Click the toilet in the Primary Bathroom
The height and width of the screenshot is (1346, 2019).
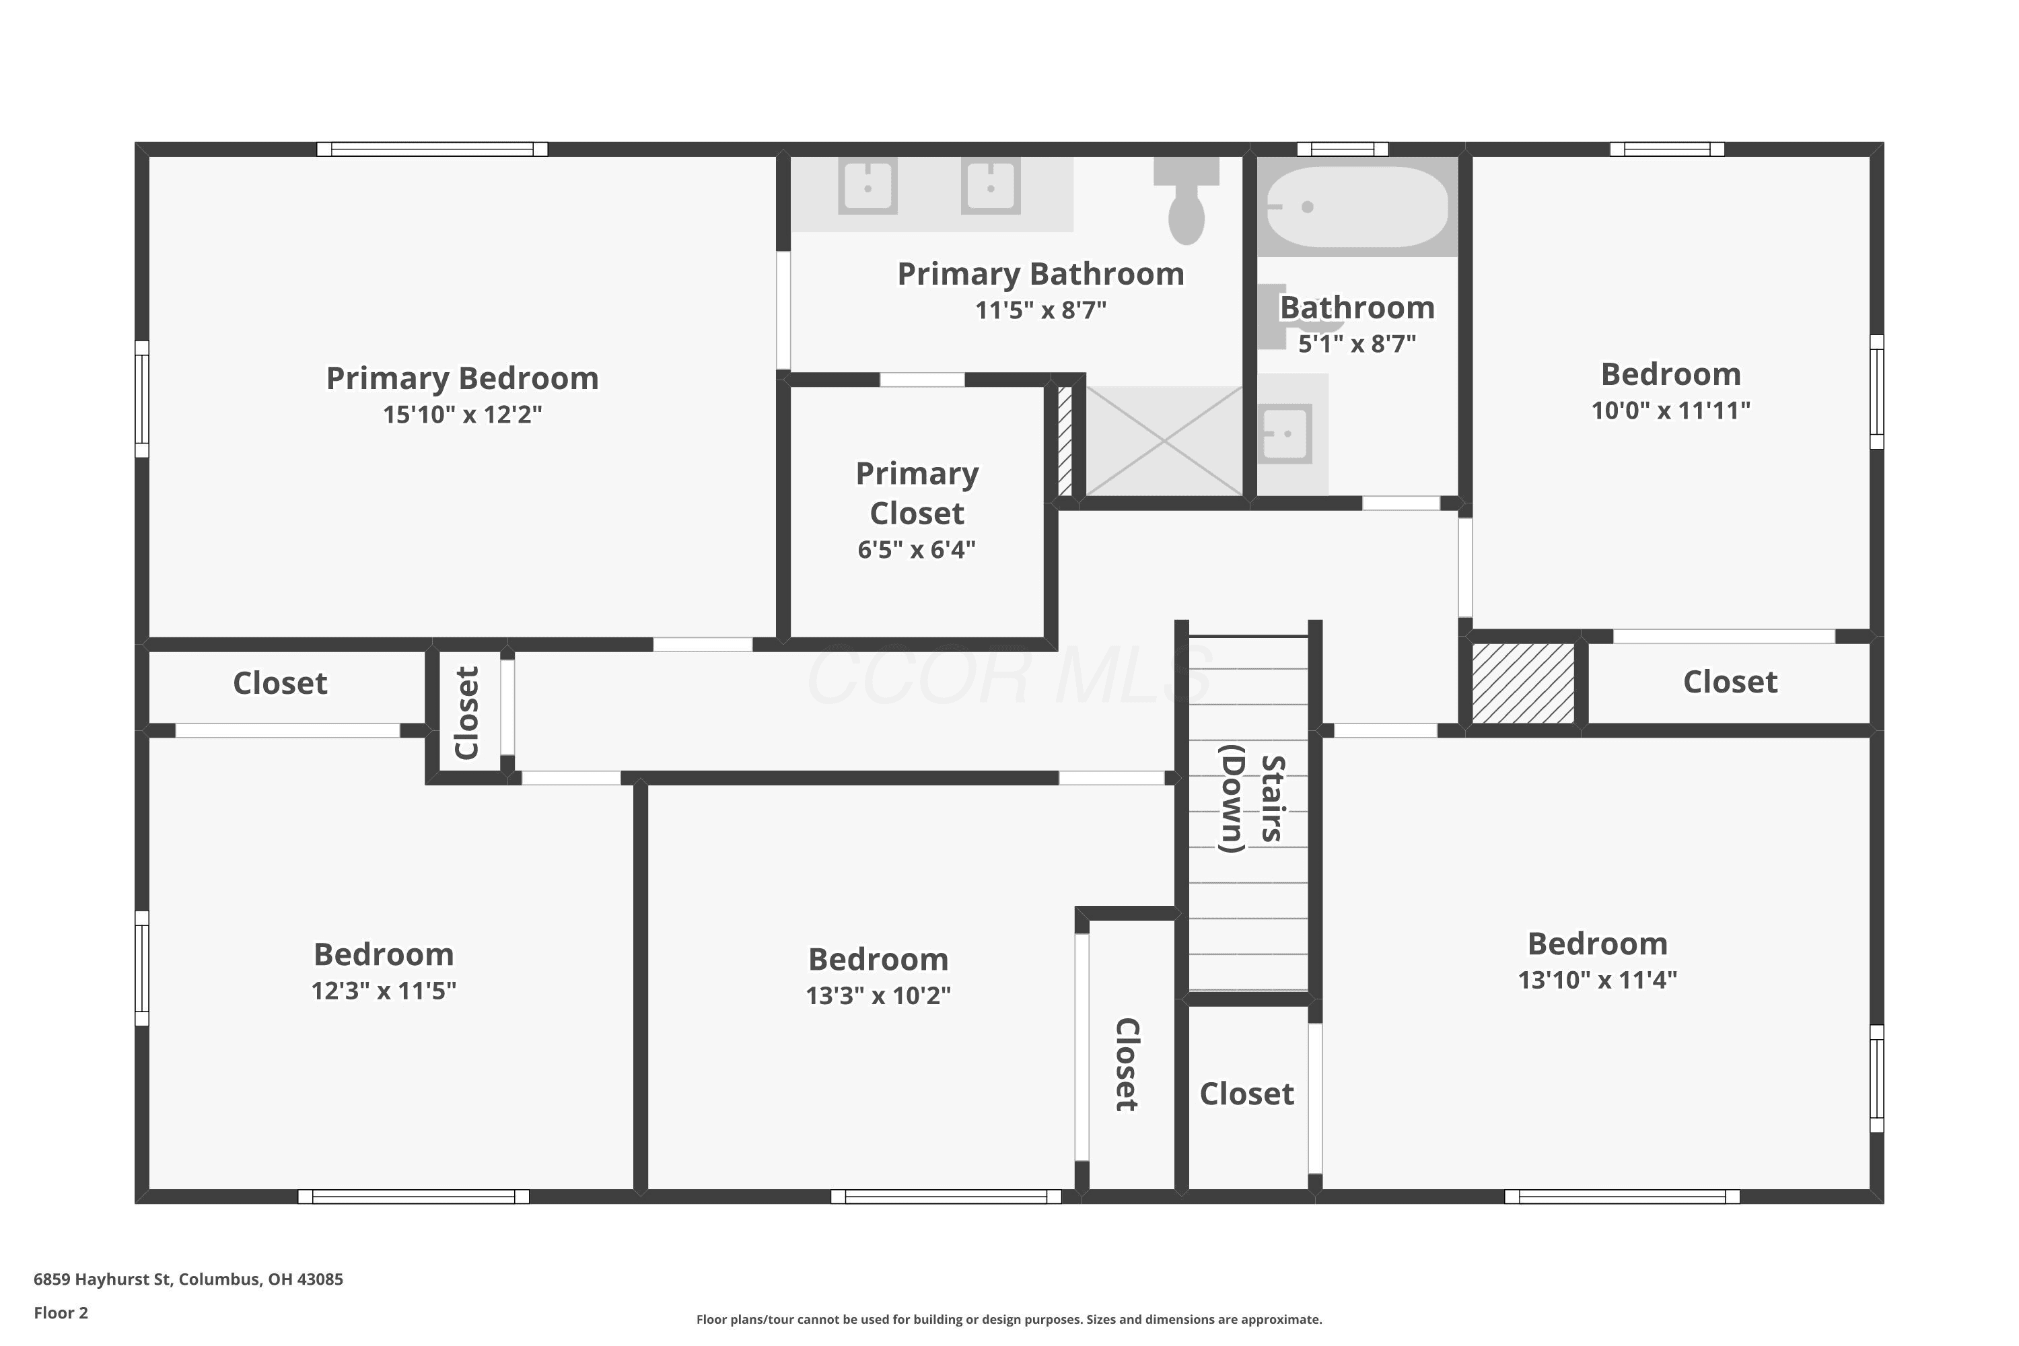pos(1186,201)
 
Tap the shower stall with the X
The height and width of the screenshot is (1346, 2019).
pos(1164,440)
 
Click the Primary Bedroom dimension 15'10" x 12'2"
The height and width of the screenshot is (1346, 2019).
pos(463,415)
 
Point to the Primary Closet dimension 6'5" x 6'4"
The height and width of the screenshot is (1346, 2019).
pos(917,549)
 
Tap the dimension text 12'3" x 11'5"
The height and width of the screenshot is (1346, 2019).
pos(384,991)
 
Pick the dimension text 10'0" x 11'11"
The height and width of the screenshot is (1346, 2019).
pos(1670,411)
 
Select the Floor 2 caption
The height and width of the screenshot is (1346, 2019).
pos(61,1312)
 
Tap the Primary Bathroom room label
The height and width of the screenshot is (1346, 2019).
pos(1040,274)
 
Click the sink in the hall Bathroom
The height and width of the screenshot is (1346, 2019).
pos(1286,433)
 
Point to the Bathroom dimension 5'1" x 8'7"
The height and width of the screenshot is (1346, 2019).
pos(1357,344)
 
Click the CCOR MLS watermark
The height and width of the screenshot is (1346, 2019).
pos(1010,676)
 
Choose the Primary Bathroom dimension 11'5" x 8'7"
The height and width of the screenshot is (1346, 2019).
pos(1040,310)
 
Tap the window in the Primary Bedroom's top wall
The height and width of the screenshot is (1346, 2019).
pos(433,149)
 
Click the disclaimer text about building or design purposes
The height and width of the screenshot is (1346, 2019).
pos(1009,1319)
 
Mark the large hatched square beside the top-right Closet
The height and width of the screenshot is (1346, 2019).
pos(1523,683)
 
